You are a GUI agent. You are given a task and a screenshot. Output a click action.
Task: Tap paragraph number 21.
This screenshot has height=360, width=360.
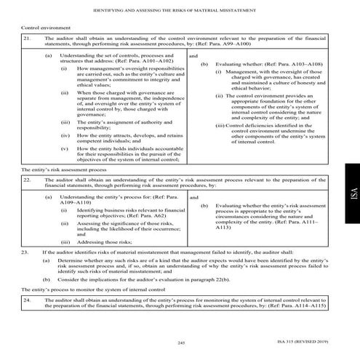tap(27, 36)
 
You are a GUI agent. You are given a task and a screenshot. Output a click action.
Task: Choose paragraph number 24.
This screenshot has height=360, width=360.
tap(27, 300)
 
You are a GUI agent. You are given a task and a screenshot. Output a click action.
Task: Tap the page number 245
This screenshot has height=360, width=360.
tap(180, 343)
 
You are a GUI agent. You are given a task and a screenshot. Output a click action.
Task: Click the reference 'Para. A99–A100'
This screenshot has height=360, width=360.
tap(259, 43)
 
